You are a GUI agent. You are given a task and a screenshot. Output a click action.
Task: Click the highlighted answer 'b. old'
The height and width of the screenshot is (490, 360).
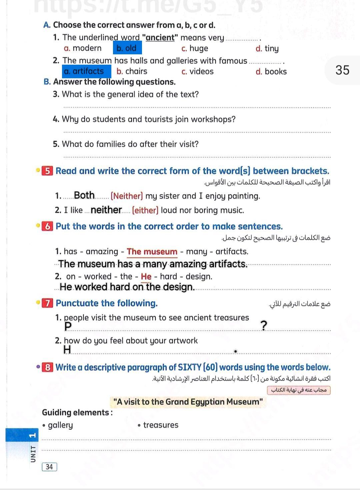[127, 48]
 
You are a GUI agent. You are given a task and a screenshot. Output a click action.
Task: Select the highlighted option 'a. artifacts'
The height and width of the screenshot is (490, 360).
[86, 71]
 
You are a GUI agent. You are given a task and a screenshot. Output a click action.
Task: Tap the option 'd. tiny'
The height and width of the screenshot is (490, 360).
[267, 49]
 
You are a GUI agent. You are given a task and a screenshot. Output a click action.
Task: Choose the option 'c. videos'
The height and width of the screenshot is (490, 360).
[197, 71]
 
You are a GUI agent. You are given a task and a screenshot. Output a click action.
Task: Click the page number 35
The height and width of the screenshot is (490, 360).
[342, 70]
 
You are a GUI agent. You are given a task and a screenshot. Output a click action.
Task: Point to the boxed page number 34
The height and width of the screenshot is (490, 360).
[49, 467]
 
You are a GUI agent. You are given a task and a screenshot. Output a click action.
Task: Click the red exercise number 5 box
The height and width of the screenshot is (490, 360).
[48, 171]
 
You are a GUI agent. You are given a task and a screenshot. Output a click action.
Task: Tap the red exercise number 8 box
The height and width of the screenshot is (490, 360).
[48, 367]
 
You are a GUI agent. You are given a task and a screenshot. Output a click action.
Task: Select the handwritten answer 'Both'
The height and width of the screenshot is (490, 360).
[84, 195]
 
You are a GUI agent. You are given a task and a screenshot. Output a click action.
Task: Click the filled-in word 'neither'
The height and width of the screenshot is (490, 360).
[106, 210]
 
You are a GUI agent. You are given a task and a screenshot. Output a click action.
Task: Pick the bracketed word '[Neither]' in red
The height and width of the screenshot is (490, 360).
[127, 196]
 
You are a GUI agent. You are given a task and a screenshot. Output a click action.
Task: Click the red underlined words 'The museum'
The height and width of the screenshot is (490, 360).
[152, 252]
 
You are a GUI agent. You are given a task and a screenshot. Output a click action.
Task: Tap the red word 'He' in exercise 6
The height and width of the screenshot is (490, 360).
[146, 277]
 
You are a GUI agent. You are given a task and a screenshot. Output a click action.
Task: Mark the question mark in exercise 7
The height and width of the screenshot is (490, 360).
[264, 325]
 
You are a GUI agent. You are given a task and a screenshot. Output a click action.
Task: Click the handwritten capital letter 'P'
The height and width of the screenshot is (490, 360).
[68, 326]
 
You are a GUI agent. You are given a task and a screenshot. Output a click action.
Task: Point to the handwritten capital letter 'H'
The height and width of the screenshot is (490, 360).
[67, 349]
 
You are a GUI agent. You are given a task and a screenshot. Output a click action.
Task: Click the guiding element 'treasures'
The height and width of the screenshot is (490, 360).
[161, 425]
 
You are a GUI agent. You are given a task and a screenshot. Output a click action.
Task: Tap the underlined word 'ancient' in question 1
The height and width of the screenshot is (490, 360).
[160, 38]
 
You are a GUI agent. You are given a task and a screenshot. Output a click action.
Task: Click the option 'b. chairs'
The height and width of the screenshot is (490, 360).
[132, 71]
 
